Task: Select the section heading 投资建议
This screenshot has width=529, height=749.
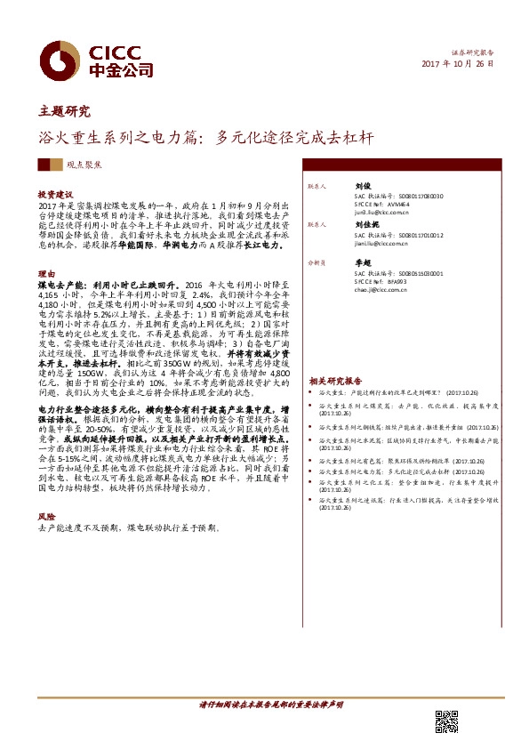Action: pos(55,193)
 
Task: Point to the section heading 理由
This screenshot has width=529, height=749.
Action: pos(45,274)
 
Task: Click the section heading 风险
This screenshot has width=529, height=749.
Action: pos(45,516)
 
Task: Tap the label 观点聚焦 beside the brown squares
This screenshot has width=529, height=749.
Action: pos(84,165)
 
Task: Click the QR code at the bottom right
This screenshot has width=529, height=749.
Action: pos(445,723)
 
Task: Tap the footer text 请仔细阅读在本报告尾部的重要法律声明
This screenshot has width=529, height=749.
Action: pos(270,705)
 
